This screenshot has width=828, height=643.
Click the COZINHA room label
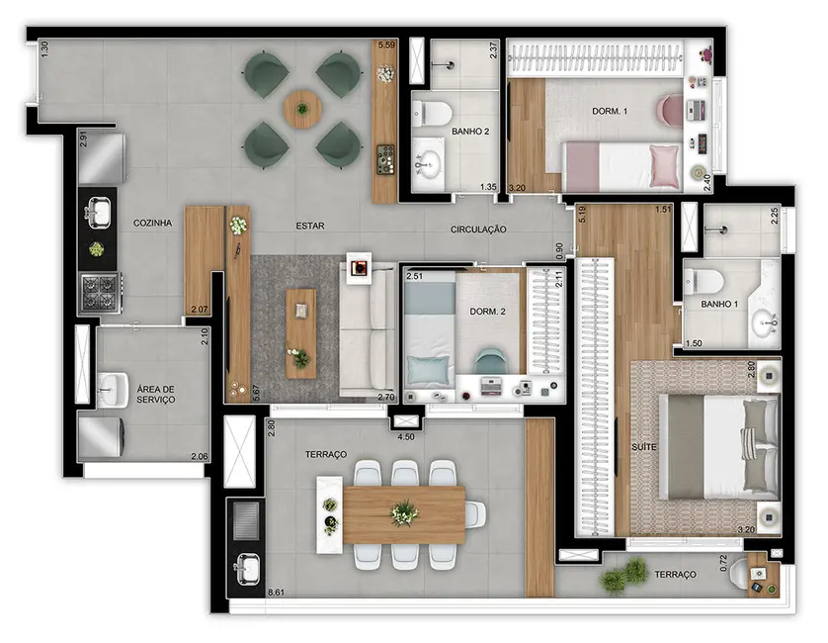[x=152, y=224]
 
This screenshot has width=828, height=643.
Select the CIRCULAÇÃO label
[x=478, y=230]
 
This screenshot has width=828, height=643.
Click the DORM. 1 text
[x=611, y=112]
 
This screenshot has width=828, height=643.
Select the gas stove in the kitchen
[x=98, y=291]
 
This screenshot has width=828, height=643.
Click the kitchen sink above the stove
[x=98, y=211]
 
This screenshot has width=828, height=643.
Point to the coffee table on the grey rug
[x=301, y=333]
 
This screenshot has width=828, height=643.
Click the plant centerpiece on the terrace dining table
[x=404, y=512]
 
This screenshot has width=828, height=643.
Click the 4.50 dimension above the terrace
[x=405, y=436]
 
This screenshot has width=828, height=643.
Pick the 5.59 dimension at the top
[x=388, y=45]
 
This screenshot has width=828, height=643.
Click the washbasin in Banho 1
[x=762, y=321]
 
